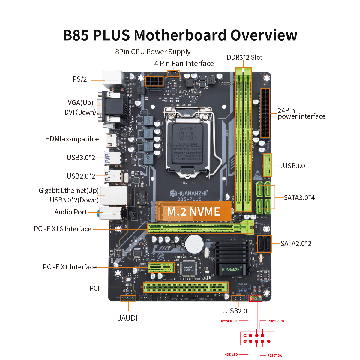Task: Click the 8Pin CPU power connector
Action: [154, 82]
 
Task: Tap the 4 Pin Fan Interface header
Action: [173, 73]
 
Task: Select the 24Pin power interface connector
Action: [265, 113]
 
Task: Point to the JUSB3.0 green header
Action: [267, 165]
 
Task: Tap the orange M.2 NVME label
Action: [193, 211]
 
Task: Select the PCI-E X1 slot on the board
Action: [161, 267]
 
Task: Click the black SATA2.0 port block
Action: [264, 244]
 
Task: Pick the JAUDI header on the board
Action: [128, 298]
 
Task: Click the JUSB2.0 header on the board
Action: [238, 298]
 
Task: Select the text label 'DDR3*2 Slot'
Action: [244, 57]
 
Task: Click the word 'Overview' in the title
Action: [264, 35]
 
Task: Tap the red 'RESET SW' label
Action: [275, 355]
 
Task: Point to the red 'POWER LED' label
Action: [229, 321]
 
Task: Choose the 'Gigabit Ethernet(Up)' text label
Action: [68, 191]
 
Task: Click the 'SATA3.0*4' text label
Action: [299, 198]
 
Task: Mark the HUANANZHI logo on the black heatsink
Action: [231, 269]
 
